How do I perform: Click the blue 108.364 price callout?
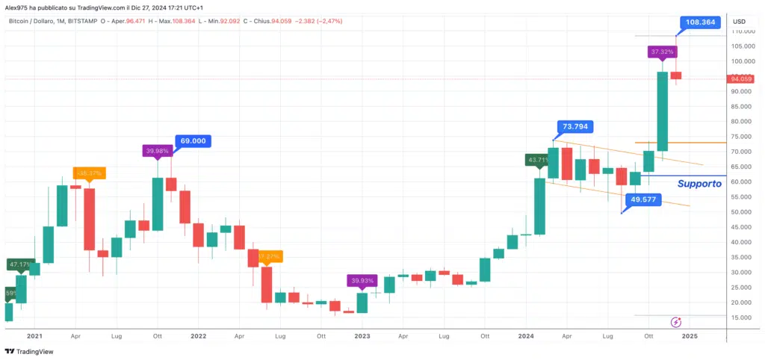[700, 22]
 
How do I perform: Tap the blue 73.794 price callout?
[576, 127]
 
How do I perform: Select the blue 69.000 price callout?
[193, 140]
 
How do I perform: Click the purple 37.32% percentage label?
[663, 52]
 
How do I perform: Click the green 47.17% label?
[20, 264]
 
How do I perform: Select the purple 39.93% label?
[362, 281]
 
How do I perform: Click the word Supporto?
[699, 184]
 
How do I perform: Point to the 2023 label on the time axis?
[362, 336]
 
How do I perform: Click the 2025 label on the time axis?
[690, 336]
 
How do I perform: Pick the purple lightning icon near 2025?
[676, 322]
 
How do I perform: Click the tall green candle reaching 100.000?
[662, 111]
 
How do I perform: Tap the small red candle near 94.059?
[676, 75]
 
